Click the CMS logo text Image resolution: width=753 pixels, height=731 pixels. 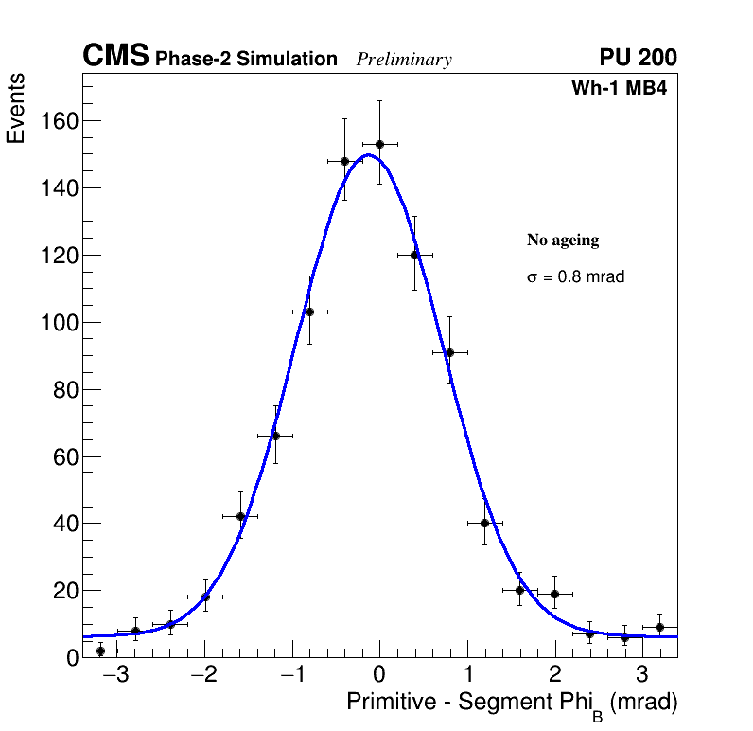point(115,57)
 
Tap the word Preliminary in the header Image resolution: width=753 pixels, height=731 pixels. point(404,60)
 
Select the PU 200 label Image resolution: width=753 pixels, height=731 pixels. point(638,58)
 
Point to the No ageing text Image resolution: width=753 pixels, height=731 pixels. point(563,241)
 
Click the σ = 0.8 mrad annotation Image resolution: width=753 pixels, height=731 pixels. point(575,277)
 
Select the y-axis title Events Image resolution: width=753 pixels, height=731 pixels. point(16,108)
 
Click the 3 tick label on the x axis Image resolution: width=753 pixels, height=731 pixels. point(641,675)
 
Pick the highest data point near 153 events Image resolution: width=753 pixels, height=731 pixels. point(379,144)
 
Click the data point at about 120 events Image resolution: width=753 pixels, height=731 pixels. point(414,255)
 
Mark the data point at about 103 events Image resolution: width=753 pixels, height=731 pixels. point(309,312)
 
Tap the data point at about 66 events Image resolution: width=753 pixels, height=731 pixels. point(275,436)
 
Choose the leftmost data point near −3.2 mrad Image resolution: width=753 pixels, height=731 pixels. point(100,651)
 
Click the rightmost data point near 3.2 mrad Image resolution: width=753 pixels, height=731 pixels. point(659,627)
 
